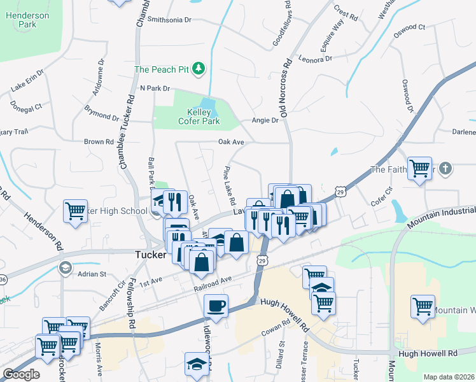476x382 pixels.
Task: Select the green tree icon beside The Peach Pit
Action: [199, 68]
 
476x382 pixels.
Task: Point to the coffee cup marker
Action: [216, 306]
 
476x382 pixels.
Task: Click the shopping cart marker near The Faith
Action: [419, 169]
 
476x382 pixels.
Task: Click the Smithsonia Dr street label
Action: [169, 20]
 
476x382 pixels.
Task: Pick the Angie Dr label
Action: [266, 120]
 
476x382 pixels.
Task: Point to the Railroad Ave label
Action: [213, 285]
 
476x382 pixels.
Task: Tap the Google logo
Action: [21, 374]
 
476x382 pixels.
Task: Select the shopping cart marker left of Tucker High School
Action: [75, 210]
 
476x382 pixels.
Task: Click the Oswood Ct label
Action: [409, 27]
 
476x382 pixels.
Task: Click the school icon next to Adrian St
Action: [63, 267]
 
